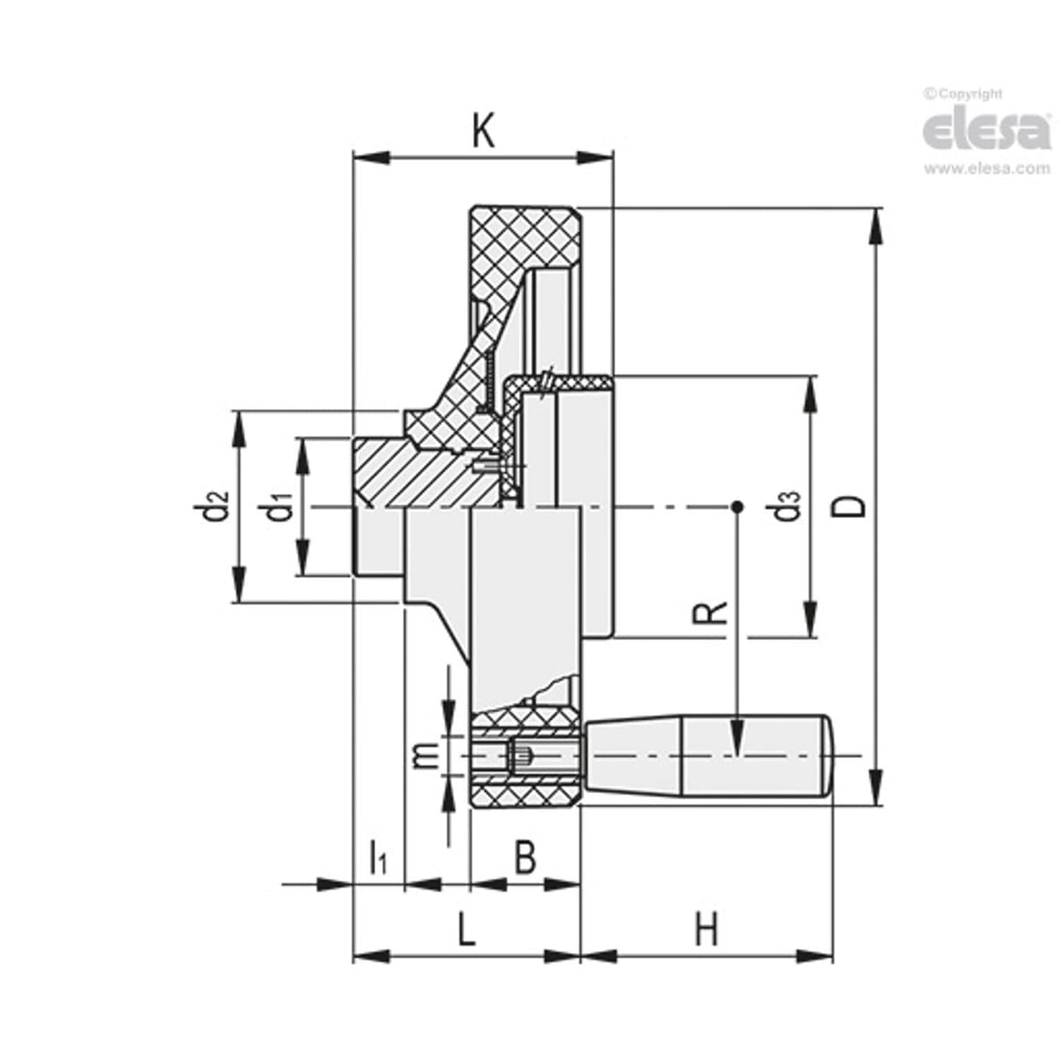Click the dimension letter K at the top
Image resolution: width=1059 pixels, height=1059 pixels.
(x=482, y=132)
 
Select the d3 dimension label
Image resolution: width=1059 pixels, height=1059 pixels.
(x=788, y=506)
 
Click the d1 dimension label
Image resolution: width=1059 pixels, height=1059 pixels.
(x=278, y=509)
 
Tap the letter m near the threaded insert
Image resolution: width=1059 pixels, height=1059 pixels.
(x=424, y=755)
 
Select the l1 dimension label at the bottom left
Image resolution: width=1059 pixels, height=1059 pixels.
(x=378, y=856)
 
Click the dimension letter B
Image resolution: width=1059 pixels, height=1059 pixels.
(x=523, y=857)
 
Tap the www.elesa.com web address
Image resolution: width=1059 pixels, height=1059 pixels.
(x=987, y=168)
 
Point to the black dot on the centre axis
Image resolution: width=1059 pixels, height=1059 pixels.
(x=737, y=506)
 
